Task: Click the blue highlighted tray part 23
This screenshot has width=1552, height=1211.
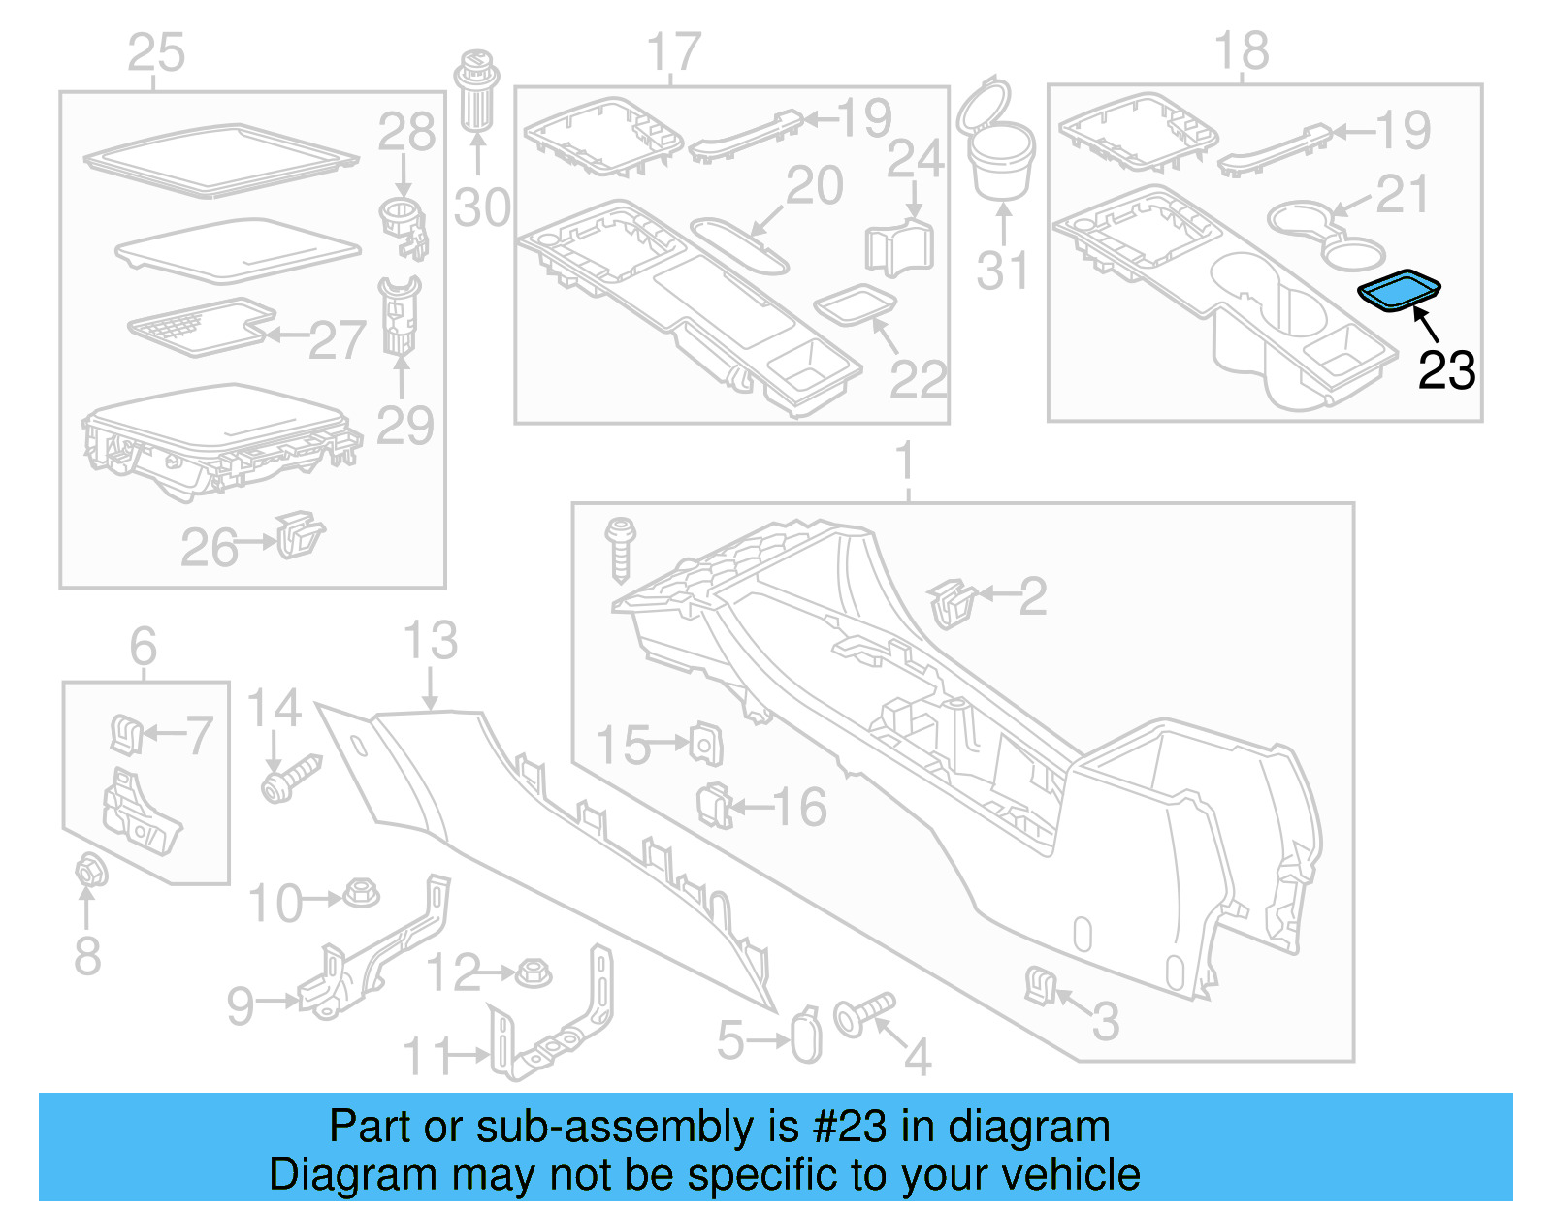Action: point(1399,290)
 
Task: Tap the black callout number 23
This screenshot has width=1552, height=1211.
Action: point(1446,370)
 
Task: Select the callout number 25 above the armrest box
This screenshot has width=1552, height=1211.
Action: point(156,52)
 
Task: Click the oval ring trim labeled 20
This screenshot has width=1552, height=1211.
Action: point(739,245)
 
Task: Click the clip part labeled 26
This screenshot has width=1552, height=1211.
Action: point(299,535)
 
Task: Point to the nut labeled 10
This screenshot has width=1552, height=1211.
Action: point(362,893)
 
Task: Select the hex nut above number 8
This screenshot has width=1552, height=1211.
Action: point(90,871)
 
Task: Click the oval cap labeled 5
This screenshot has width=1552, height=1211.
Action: point(806,1037)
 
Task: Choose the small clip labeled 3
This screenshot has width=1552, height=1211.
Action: point(1039,985)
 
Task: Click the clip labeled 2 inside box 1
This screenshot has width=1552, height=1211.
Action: point(952,602)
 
